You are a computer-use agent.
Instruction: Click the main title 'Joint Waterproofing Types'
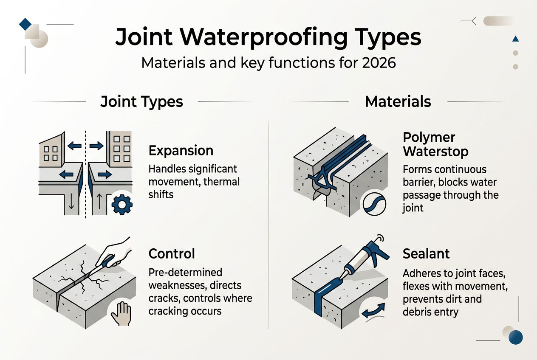click(x=268, y=37)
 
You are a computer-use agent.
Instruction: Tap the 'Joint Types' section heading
click(x=141, y=102)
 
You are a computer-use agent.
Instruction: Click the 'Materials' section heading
click(x=398, y=102)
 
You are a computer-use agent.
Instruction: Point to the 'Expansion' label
click(x=181, y=151)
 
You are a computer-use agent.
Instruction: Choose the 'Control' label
click(x=172, y=254)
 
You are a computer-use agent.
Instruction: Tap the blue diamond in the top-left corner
click(x=25, y=24)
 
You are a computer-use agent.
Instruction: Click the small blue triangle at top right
click(x=516, y=39)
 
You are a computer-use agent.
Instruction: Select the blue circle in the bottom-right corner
click(x=515, y=337)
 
